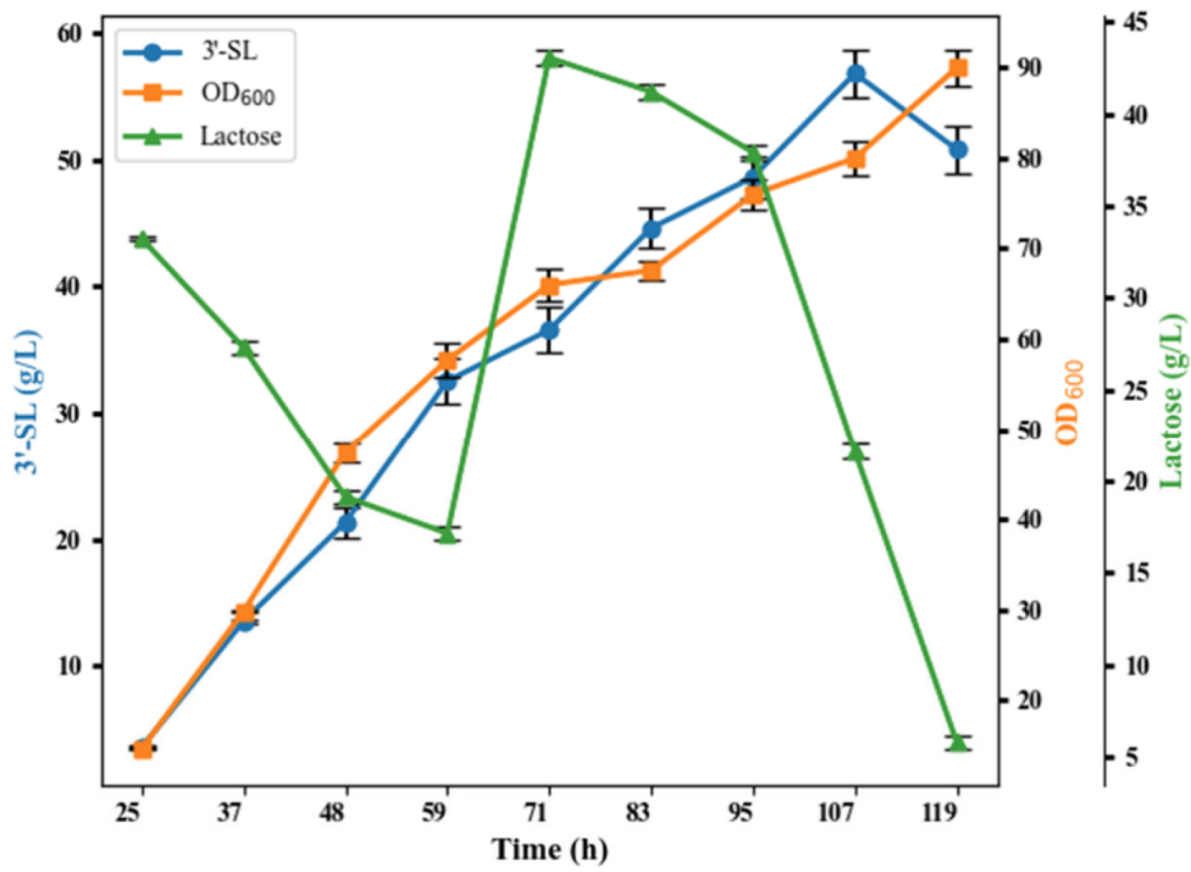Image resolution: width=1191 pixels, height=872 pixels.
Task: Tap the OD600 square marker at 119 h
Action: click(957, 69)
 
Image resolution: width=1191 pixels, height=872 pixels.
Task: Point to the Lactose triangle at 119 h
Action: click(957, 742)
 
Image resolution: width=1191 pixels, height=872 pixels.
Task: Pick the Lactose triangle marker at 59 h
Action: click(448, 534)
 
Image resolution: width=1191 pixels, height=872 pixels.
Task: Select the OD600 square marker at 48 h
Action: click(347, 454)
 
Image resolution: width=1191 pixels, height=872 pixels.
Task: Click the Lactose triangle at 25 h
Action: click(143, 239)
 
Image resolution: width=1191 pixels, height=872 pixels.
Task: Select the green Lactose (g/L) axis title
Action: click(1174, 402)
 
